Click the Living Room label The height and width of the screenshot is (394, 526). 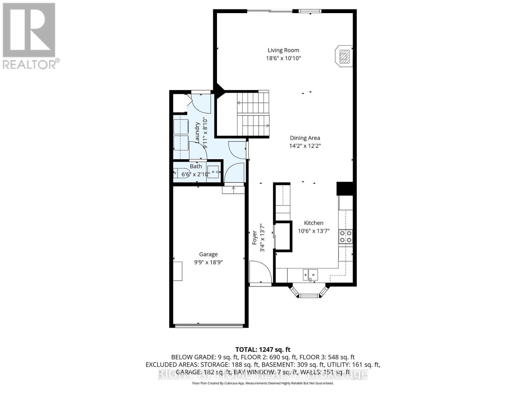[283, 50]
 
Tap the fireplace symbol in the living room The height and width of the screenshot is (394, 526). [344, 56]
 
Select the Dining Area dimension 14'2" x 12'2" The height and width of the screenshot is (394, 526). [305, 146]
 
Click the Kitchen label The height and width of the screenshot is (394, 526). [313, 223]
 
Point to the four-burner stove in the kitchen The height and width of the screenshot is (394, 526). [346, 236]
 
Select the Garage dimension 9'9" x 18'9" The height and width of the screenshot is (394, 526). [208, 262]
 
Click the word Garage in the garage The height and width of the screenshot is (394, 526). [208, 254]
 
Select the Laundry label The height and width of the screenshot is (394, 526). [198, 133]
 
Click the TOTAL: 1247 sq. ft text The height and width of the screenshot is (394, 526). [263, 350]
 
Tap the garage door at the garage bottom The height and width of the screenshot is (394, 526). [209, 326]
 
